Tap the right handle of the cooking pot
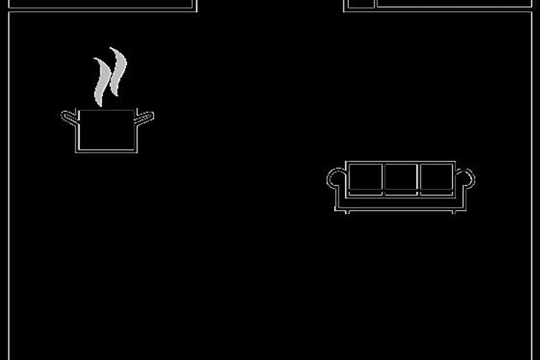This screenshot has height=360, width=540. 145,118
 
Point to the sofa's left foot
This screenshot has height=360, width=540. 346,211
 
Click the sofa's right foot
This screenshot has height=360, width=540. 454,211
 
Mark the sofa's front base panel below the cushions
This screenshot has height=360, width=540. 401,203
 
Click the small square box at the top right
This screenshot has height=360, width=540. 361,4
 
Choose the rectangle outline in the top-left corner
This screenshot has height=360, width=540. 103,4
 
